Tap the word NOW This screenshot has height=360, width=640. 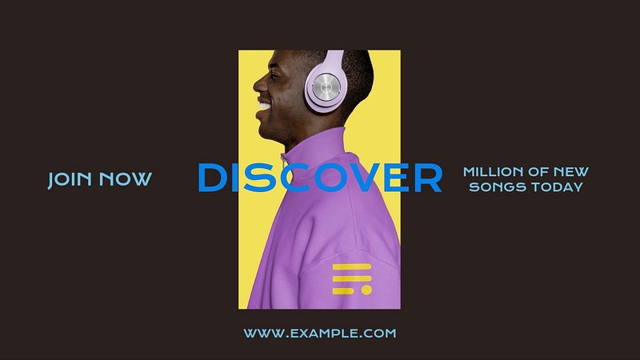tap(126, 179)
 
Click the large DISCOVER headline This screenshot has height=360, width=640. tap(319, 178)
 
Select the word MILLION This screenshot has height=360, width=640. tap(493, 172)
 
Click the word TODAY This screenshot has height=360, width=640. tap(556, 187)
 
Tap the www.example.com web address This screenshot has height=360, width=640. tap(320, 333)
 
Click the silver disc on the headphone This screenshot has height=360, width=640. tap(326, 86)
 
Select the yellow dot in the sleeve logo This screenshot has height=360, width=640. tap(366, 290)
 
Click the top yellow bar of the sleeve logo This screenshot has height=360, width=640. tap(352, 267)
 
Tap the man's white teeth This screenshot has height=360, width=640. tap(264, 106)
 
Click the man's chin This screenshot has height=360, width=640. tap(266, 133)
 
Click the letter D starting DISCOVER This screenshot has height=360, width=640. tap(212, 178)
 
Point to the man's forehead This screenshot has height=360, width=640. tap(282, 59)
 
